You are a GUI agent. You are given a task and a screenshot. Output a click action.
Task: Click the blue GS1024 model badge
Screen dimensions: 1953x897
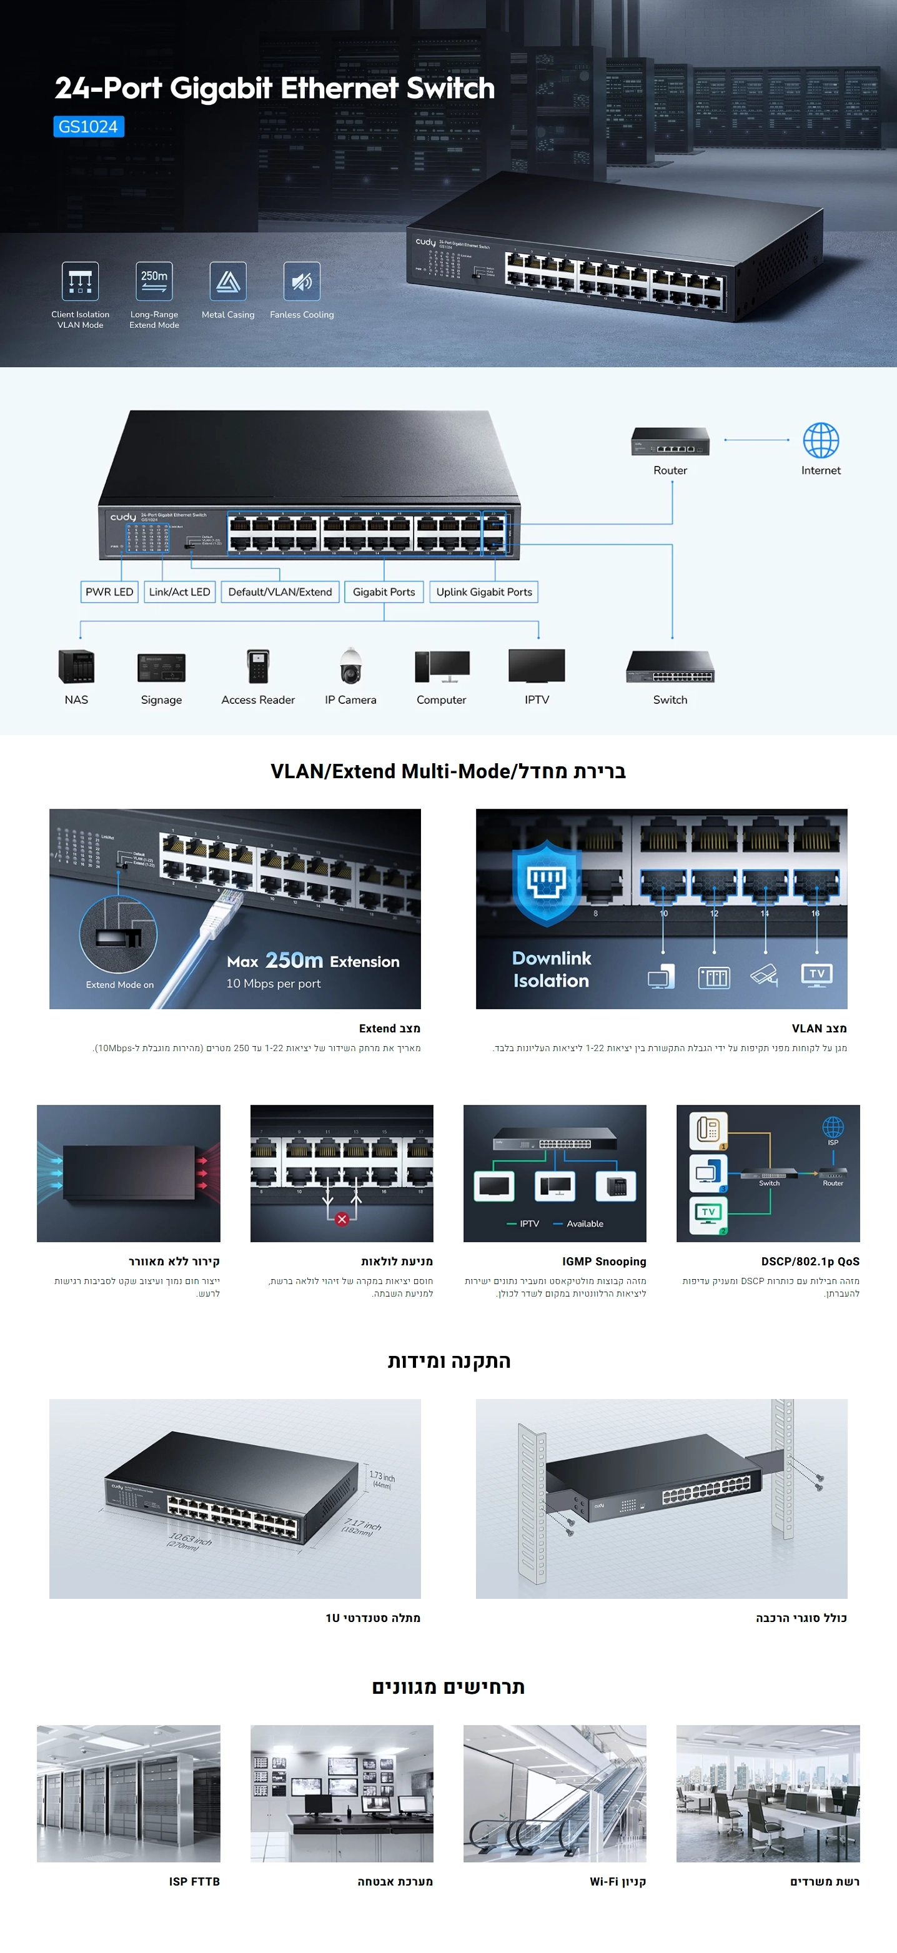pyautogui.click(x=89, y=127)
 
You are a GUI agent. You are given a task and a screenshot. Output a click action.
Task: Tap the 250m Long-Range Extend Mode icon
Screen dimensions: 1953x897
pyautogui.click(x=154, y=281)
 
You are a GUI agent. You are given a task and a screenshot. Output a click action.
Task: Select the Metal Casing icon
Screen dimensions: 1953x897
pyautogui.click(x=228, y=281)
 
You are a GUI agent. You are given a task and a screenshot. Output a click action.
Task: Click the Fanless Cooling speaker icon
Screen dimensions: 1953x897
pyautogui.click(x=302, y=281)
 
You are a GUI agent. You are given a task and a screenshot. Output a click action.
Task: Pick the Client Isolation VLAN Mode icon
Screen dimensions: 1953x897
pyautogui.click(x=81, y=281)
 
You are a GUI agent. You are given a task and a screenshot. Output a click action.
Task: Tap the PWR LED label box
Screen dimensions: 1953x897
pyautogui.click(x=109, y=592)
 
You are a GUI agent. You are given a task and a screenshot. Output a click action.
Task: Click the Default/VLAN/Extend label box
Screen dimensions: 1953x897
pyautogui.click(x=280, y=592)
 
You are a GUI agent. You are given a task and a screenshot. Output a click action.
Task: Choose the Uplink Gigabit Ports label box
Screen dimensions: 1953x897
pyautogui.click(x=483, y=592)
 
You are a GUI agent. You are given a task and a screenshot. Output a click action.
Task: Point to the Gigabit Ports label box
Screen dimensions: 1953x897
pyautogui.click(x=384, y=592)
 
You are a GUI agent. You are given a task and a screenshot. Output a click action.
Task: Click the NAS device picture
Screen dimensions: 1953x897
pyautogui.click(x=77, y=666)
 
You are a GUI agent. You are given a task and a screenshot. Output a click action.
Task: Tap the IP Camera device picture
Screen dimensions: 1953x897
pyautogui.click(x=350, y=666)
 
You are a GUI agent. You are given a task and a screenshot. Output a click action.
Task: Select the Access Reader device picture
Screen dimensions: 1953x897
pyautogui.click(x=258, y=666)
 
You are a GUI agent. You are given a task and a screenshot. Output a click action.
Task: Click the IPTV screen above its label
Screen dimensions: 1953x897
pyautogui.click(x=537, y=666)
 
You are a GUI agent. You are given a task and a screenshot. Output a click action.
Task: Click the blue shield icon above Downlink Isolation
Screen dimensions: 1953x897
pyautogui.click(x=547, y=883)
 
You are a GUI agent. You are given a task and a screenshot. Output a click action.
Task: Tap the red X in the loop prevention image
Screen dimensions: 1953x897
pyautogui.click(x=342, y=1219)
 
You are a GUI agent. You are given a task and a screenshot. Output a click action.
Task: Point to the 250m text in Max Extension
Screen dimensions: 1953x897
pyautogui.click(x=294, y=961)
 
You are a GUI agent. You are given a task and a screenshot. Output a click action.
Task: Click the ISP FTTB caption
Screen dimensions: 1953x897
pyautogui.click(x=194, y=1881)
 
